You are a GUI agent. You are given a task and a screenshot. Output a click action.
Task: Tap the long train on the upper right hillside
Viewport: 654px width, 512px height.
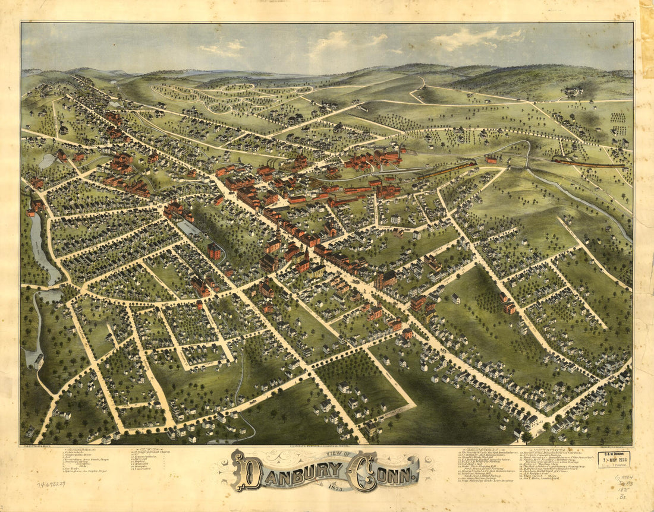[x=589, y=163]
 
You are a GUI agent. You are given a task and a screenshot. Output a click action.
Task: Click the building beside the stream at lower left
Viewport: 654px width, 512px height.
[x=38, y=360]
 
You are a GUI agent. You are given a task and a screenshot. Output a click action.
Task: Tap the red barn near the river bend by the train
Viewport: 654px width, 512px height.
[x=491, y=159]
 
